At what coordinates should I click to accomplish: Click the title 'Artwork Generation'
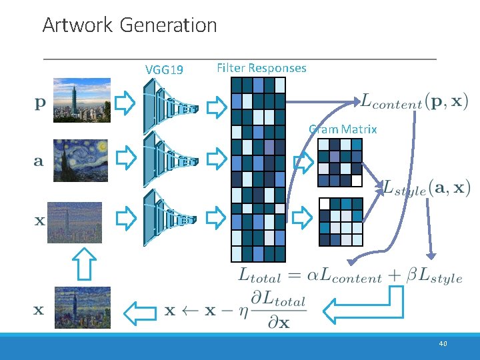tap(129, 25)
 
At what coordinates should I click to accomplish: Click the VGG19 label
tap(165, 69)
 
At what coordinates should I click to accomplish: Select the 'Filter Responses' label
tap(261, 68)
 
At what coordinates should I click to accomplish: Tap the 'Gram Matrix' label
tap(343, 129)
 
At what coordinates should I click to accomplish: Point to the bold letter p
tap(40, 103)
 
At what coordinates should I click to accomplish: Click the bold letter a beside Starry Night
tap(39, 161)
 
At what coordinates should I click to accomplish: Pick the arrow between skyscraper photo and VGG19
tap(125, 103)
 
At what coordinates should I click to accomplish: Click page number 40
tap(443, 344)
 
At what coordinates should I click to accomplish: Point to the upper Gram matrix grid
tap(339, 162)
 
